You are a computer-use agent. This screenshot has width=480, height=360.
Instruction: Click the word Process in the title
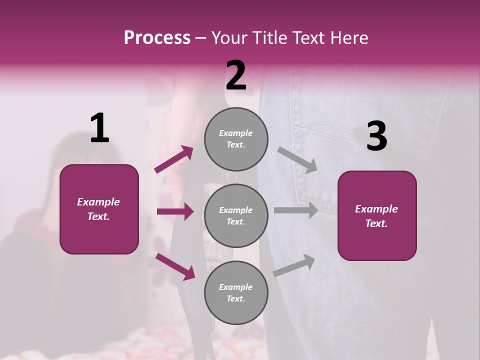157,38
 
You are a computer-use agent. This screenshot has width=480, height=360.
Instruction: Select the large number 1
99,128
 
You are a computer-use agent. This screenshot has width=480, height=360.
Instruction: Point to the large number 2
236,75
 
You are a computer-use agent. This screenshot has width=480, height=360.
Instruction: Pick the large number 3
376,136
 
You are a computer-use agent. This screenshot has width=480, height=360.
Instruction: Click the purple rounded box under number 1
99,209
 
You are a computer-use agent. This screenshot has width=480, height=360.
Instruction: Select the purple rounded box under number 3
377,215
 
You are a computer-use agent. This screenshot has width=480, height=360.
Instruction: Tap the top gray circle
236,139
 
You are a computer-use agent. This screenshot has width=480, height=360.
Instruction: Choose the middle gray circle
236,215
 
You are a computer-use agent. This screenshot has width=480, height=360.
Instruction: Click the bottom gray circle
236,292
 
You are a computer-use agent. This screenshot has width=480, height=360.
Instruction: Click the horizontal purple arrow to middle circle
175,211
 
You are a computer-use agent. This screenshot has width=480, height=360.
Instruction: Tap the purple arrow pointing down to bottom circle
175,266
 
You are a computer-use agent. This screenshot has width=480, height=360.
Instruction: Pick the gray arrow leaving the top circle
297,159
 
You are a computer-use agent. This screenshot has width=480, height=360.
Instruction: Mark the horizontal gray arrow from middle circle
296,210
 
